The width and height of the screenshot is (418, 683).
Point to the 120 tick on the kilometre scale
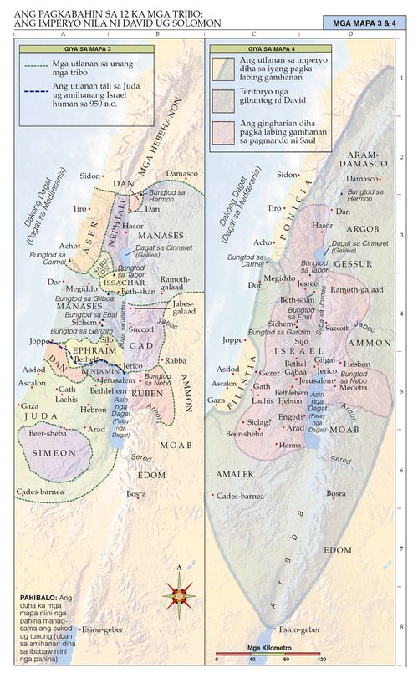coord(321,660)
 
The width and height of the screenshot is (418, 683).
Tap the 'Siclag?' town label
coord(259,423)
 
